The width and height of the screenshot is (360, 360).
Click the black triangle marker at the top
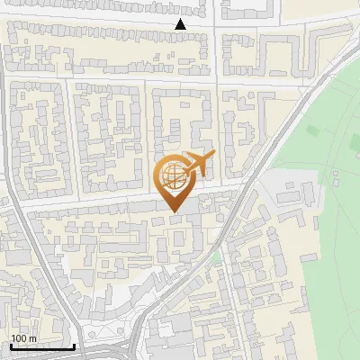coord(181,24)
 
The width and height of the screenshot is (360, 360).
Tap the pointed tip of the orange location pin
coord(174,211)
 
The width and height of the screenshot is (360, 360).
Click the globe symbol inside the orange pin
coord(173,175)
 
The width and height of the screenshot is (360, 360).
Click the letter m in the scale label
coord(33,338)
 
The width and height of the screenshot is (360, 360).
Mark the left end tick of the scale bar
coord(11,346)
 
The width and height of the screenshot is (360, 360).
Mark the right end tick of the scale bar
coord(75,346)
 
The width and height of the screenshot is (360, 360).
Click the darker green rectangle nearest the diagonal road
coord(311,131)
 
